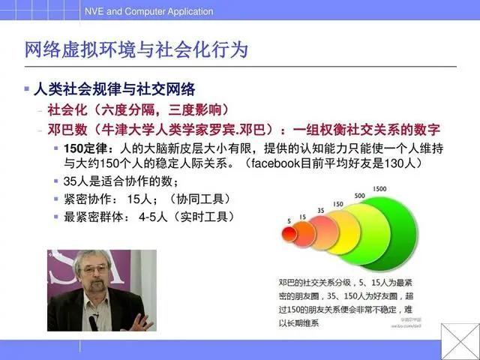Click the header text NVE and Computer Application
(148, 11)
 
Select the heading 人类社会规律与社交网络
(115, 89)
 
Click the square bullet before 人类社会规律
(27, 89)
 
